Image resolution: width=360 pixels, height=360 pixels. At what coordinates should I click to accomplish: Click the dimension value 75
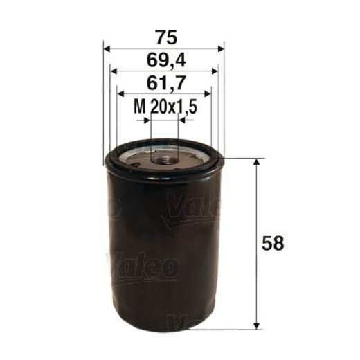pos(163,36)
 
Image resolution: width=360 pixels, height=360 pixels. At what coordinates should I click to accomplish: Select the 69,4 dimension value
pos(163,61)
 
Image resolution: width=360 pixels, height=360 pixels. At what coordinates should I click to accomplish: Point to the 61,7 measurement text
pos(164,84)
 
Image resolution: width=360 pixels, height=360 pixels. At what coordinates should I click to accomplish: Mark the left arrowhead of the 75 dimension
pos(106,48)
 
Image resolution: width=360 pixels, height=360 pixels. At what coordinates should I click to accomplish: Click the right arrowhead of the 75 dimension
pos(222,48)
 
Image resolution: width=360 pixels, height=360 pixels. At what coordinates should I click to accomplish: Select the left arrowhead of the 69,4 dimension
pos(114,71)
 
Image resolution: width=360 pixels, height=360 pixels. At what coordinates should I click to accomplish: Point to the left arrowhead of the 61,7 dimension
pos(120,93)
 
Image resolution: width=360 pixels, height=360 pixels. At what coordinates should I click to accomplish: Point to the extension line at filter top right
pos(242,158)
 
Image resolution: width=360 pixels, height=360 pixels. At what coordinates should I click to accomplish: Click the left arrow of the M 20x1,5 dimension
pos(146,120)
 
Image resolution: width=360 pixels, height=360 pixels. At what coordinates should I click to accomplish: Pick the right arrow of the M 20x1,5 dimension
pos(183,120)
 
